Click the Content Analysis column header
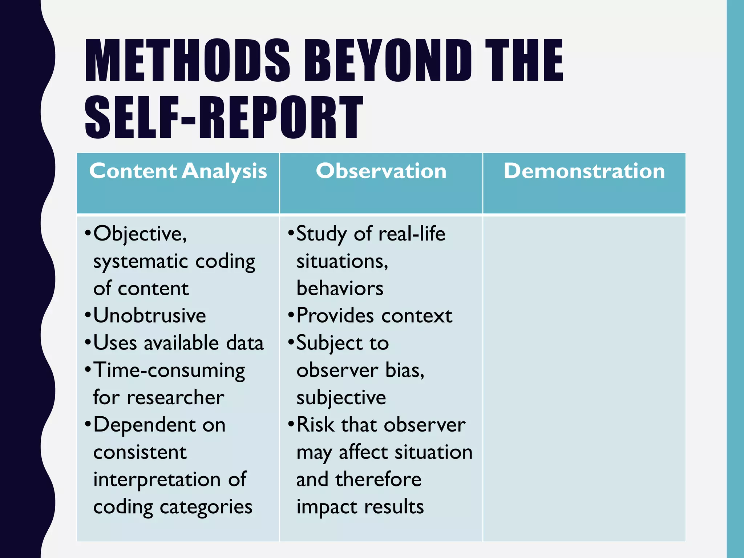(x=178, y=171)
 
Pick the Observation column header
(x=381, y=171)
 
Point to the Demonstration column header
(x=584, y=171)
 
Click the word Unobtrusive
(x=150, y=315)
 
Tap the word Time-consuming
(x=169, y=371)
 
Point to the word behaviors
(x=340, y=288)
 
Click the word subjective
(x=341, y=398)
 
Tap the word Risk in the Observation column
(x=316, y=425)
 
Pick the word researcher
(x=175, y=397)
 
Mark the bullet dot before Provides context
(x=291, y=315)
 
